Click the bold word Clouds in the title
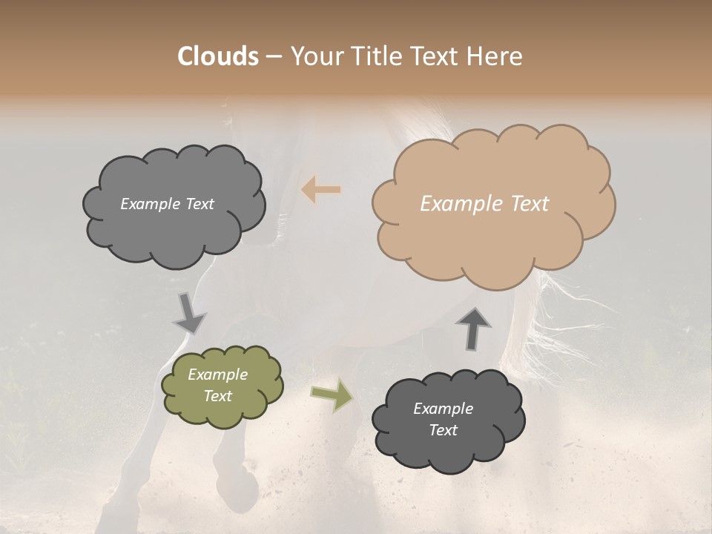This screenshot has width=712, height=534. tap(218, 56)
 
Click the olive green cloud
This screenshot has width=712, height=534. tap(222, 386)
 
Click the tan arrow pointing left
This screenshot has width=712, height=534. tap(321, 190)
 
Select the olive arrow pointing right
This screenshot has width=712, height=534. tap(332, 395)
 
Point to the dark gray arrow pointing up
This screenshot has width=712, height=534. tap(474, 328)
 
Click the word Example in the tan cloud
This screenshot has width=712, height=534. tap(458, 204)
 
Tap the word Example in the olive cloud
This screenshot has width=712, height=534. tap(217, 375)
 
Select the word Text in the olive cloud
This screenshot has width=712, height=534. tap(217, 396)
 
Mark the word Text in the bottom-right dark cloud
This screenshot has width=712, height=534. tap(443, 430)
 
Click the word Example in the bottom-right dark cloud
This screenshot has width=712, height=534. tap(443, 409)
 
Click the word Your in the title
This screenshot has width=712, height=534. tap(313, 56)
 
